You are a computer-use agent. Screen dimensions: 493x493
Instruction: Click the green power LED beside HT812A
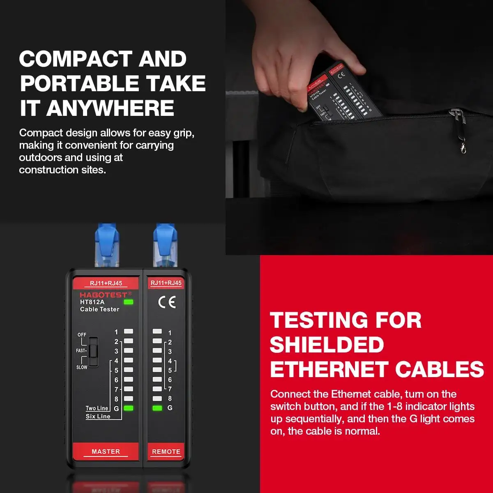pyautogui.click(x=129, y=302)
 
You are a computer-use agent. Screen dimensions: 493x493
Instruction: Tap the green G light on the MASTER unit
pyautogui.click(x=129, y=408)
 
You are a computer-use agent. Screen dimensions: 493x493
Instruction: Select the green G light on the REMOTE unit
pyautogui.click(x=157, y=408)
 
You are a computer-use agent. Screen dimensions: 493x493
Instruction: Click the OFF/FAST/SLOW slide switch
pyautogui.click(x=94, y=352)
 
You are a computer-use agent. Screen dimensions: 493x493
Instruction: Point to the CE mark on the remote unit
pyautogui.click(x=167, y=302)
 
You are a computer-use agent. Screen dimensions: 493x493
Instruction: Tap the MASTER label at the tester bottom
pyautogui.click(x=106, y=451)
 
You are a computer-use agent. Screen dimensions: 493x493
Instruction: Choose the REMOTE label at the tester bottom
pyautogui.click(x=166, y=452)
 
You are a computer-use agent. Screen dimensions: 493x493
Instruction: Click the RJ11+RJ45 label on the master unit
pyautogui.click(x=106, y=283)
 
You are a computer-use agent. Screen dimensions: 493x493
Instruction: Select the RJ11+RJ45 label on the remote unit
pyautogui.click(x=166, y=283)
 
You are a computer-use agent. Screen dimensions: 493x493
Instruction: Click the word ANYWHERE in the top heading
pyautogui.click(x=110, y=108)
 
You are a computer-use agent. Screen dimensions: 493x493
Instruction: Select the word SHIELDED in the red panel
pyautogui.click(x=327, y=344)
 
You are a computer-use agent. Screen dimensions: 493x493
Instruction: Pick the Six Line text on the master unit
pyautogui.click(x=98, y=416)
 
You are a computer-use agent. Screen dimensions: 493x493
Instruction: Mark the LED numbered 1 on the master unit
pyautogui.click(x=129, y=331)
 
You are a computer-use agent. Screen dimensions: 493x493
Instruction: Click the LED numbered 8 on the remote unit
pyautogui.click(x=157, y=399)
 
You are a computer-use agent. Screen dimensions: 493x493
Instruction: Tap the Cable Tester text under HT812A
pyautogui.click(x=99, y=309)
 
